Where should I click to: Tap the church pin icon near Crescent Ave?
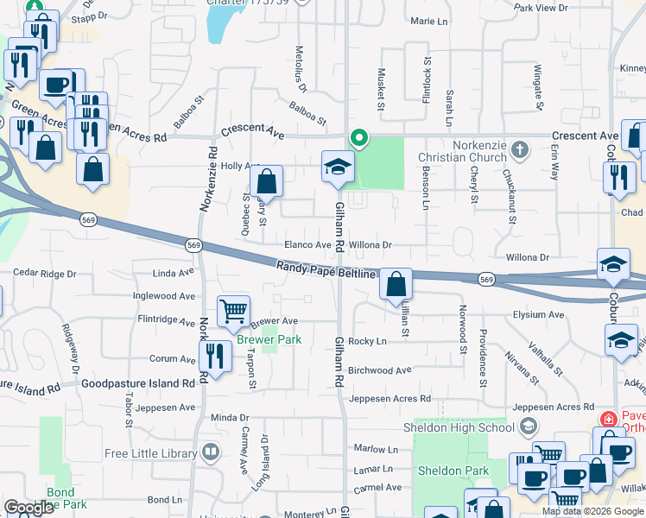click(519, 150)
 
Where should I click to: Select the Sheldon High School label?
click(459, 427)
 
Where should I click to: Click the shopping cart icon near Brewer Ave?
click(233, 311)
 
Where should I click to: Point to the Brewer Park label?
click(269, 339)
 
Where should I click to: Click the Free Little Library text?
click(152, 453)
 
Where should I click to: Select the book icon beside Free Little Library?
click(210, 452)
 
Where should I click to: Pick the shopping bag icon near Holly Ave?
click(267, 182)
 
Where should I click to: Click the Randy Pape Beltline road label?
click(327, 271)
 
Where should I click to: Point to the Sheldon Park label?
click(453, 471)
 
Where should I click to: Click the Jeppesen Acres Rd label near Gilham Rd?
click(389, 398)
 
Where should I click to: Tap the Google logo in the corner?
click(28, 508)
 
